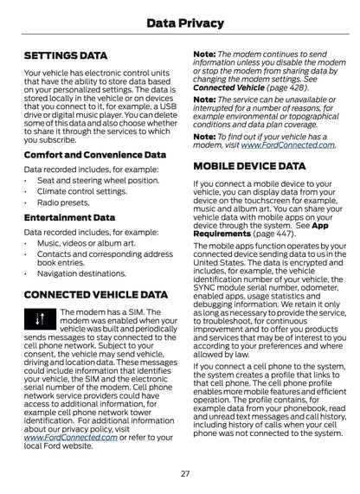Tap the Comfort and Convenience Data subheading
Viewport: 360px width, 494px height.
click(94, 155)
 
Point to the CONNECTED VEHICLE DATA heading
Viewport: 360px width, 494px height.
click(96, 294)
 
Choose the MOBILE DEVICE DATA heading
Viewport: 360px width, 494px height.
click(249, 164)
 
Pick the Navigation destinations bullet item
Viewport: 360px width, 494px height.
click(81, 273)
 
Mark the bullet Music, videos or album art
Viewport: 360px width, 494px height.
click(86, 243)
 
